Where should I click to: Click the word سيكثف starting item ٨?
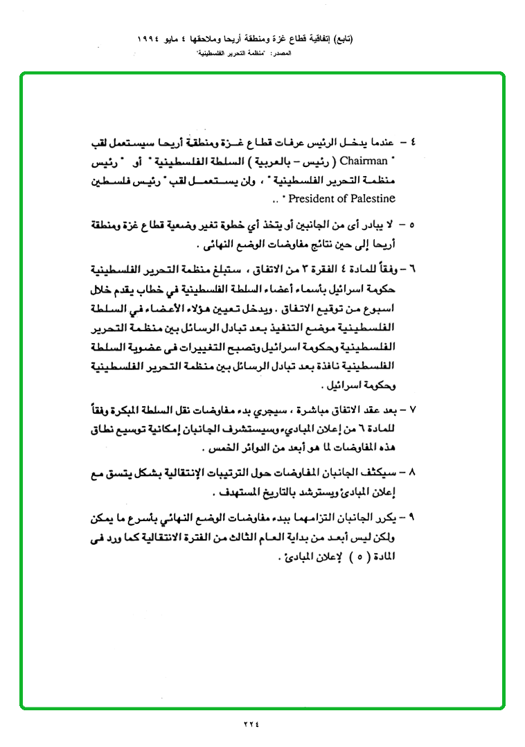click(384, 473)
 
